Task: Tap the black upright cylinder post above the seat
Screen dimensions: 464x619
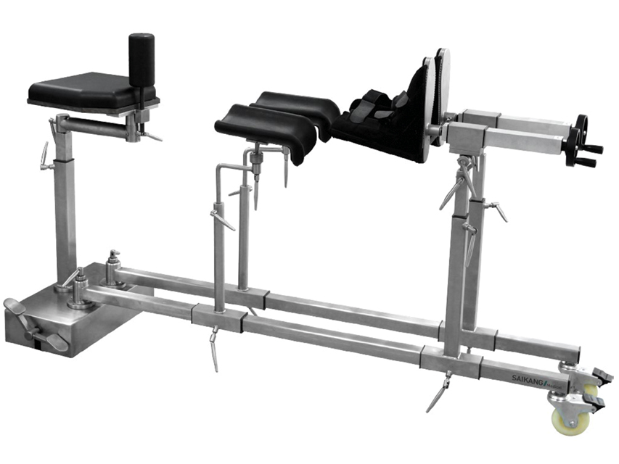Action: tap(142, 59)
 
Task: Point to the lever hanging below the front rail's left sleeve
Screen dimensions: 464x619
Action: tap(215, 348)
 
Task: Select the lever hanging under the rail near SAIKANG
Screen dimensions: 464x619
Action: tap(439, 391)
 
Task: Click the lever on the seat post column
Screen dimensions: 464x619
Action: tap(44, 156)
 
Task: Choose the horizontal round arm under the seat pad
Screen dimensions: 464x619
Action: tap(94, 126)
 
